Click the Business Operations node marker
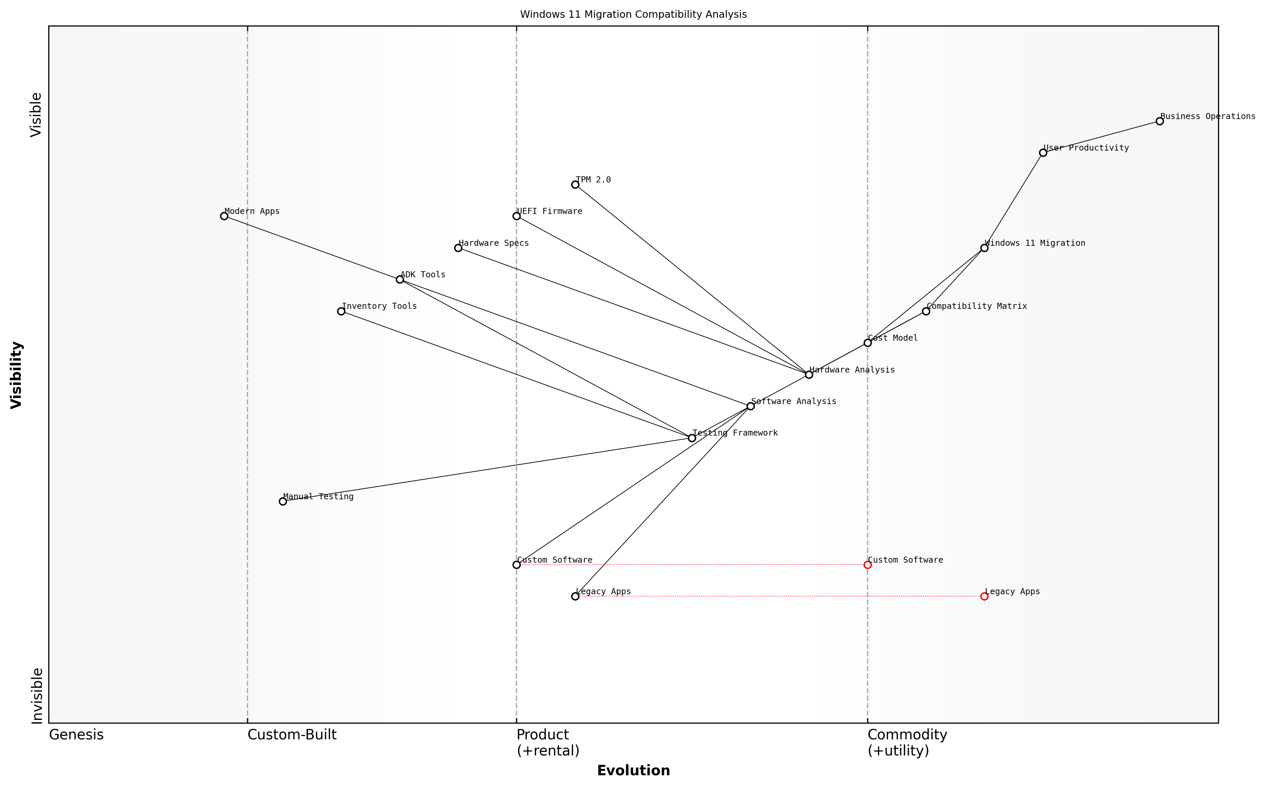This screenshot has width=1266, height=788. [1159, 121]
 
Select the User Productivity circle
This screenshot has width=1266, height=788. [1042, 153]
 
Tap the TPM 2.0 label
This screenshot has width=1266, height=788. [593, 180]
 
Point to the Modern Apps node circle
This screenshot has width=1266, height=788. [224, 216]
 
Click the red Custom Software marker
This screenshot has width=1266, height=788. [867, 564]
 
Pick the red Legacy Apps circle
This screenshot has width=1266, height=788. [984, 596]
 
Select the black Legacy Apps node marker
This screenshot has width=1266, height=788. [575, 596]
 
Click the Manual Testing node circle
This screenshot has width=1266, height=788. [282, 501]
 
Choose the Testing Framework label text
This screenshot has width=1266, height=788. [735, 433]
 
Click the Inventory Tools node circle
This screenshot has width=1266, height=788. [341, 311]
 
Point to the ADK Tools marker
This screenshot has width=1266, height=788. [400, 279]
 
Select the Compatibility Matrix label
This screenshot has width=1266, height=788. [976, 306]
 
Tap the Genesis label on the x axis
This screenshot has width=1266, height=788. [76, 735]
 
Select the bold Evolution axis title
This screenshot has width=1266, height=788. [633, 770]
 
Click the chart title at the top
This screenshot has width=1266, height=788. [633, 15]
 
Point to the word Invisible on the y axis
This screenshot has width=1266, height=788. [37, 696]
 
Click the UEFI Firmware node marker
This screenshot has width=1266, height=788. [516, 216]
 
